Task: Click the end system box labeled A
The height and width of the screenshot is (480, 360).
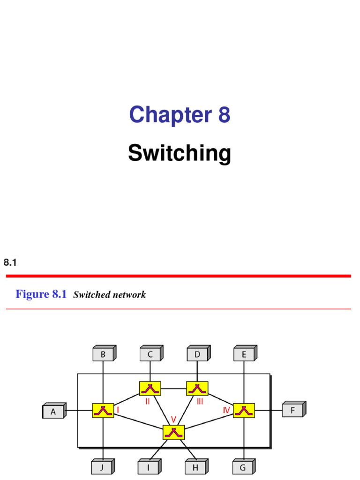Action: click(53, 412)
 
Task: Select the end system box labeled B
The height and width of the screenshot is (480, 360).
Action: click(103, 355)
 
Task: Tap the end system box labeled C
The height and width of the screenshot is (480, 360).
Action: click(150, 355)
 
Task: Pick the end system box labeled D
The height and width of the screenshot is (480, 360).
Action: click(197, 355)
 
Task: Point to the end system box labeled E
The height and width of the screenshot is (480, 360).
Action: click(244, 355)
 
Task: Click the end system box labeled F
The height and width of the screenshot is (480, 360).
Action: click(293, 411)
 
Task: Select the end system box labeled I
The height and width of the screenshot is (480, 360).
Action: click(150, 467)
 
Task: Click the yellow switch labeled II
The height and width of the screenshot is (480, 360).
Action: click(150, 388)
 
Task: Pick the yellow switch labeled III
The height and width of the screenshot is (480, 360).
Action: click(197, 388)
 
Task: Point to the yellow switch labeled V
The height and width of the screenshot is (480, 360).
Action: click(173, 432)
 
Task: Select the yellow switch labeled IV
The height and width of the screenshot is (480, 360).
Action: click(244, 411)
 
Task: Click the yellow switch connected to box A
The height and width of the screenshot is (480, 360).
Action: click(103, 411)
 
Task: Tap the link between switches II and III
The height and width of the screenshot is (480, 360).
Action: click(173, 388)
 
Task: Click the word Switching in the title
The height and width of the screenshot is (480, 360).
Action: click(180, 153)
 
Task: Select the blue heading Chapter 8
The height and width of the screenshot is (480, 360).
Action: click(180, 115)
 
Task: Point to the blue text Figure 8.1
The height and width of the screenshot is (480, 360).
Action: click(41, 294)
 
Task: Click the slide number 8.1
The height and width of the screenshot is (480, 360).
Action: click(10, 263)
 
